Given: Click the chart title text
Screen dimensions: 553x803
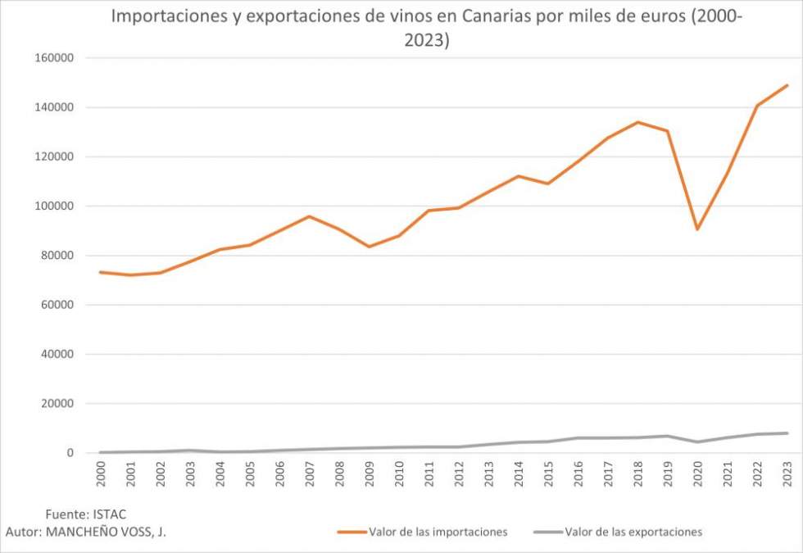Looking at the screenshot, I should (x=426, y=29).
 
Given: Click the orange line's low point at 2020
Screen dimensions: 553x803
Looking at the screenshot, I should (x=697, y=229).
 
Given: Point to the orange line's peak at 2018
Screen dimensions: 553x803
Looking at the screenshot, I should (x=637, y=122).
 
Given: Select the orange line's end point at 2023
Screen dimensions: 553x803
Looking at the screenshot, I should (x=787, y=85).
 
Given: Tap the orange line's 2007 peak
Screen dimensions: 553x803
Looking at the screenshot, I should (x=309, y=216).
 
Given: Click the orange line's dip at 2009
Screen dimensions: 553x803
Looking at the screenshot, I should (x=369, y=247).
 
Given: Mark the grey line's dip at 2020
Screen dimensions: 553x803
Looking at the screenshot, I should (x=697, y=442).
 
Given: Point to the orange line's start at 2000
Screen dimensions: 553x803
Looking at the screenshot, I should (x=100, y=272).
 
